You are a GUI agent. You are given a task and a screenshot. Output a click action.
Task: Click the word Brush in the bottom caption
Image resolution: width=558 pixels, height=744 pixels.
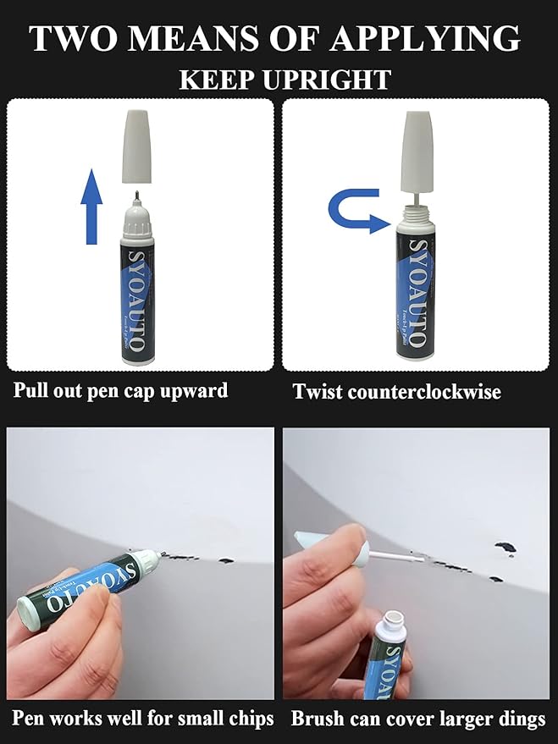(x=317, y=719)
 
